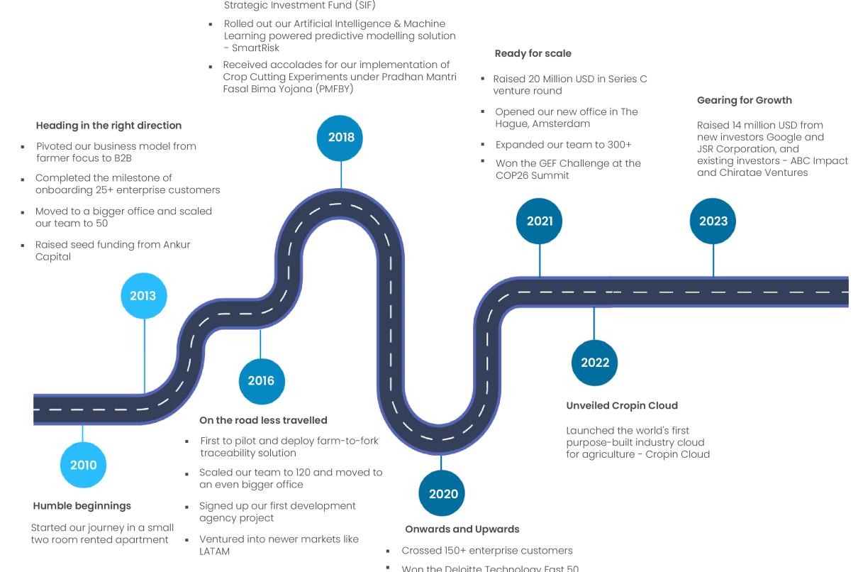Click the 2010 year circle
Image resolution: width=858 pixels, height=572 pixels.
[83, 465]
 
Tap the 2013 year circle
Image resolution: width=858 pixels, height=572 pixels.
[143, 295]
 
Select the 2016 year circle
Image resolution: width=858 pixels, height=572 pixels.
[261, 380]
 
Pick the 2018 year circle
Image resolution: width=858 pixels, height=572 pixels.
[340, 138]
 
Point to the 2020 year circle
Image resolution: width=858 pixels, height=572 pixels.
[443, 494]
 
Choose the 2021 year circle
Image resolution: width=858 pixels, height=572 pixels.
[539, 221]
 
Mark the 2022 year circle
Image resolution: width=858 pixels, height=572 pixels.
[595, 363]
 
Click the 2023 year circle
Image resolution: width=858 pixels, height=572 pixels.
[713, 221]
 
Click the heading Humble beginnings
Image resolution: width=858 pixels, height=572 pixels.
[82, 506]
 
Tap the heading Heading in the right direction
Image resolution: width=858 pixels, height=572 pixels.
[108, 126]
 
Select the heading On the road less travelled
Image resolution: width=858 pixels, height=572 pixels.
[263, 420]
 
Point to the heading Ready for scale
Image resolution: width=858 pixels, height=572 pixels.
[533, 54]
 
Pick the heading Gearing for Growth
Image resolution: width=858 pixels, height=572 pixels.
[744, 101]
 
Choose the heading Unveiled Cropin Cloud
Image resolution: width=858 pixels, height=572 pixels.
[622, 406]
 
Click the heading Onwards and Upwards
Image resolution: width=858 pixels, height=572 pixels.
[462, 529]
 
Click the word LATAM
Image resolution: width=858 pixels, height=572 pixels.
[215, 551]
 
